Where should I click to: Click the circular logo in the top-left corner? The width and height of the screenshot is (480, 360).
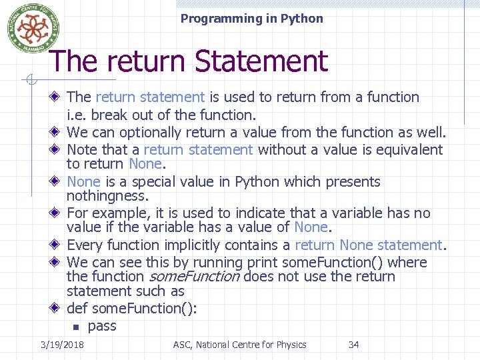[29, 28]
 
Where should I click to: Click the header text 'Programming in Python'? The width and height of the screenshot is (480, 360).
[251, 19]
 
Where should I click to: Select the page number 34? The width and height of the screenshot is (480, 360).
[353, 345]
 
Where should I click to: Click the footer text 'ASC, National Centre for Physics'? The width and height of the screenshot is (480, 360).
[239, 345]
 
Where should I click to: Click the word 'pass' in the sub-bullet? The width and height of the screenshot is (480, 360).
[102, 326]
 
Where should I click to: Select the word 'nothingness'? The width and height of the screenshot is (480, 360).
[107, 196]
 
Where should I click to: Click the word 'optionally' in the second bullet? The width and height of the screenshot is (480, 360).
[150, 133]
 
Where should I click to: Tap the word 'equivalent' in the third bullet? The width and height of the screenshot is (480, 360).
[409, 149]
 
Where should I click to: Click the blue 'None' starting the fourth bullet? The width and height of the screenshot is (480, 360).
[83, 182]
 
